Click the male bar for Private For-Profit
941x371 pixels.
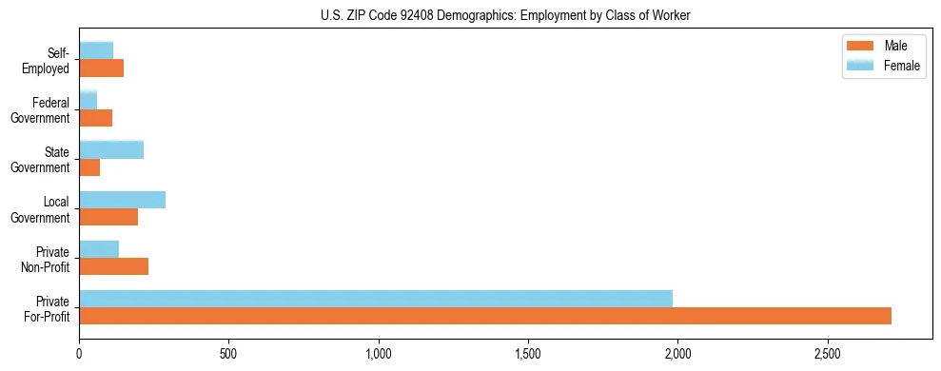tap(485, 316)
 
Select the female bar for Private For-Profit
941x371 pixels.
tap(376, 299)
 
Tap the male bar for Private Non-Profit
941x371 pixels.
tap(113, 266)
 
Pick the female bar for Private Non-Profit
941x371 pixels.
tap(99, 249)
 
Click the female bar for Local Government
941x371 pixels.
tap(122, 200)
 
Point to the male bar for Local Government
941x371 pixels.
tap(108, 217)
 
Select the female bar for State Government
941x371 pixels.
tap(111, 149)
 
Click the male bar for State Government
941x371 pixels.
tap(89, 167)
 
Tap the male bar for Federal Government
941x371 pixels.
tap(95, 118)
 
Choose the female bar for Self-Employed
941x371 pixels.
tap(96, 50)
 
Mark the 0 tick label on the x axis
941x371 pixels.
tap(80, 354)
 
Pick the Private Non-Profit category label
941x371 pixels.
tap(47, 259)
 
